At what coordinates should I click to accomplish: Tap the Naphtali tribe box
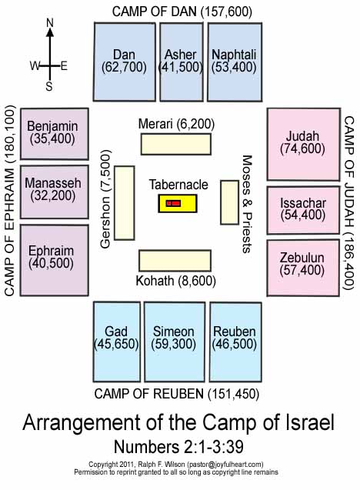235,62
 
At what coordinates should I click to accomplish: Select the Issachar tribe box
303,210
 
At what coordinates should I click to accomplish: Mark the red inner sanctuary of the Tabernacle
173,203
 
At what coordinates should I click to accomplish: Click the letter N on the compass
50,23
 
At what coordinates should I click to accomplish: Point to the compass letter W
35,66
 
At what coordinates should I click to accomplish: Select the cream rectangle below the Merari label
176,144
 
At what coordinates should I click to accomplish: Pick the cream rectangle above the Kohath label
175,261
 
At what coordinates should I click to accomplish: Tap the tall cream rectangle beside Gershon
125,203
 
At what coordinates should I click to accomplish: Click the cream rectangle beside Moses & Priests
230,202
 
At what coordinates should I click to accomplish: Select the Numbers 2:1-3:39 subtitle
178,447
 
